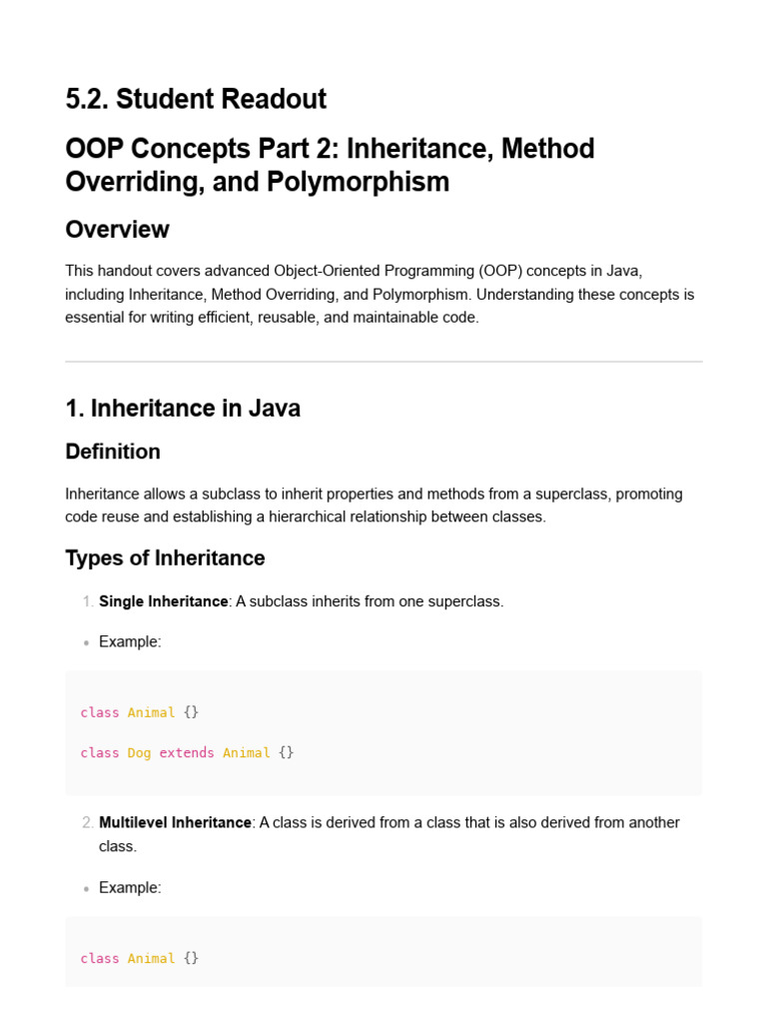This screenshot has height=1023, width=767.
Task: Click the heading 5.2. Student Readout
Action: [x=196, y=99]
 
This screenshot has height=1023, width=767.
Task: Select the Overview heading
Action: [x=117, y=229]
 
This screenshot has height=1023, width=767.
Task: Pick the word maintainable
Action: [x=394, y=319]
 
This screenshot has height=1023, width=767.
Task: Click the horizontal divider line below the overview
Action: [x=383, y=362]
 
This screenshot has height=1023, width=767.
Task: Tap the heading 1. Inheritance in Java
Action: [x=183, y=408]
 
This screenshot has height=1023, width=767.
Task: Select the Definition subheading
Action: [x=113, y=452]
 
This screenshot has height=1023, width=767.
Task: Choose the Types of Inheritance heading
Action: [x=165, y=557]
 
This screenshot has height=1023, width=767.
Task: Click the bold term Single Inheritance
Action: [x=164, y=601]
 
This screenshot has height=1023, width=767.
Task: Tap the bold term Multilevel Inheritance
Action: [x=175, y=822]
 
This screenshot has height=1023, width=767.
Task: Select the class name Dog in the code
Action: [x=139, y=752]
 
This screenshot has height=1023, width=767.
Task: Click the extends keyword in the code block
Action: [x=187, y=752]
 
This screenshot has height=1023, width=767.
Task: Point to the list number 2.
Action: [x=87, y=822]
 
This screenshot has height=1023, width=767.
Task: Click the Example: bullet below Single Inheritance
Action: [x=130, y=641]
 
